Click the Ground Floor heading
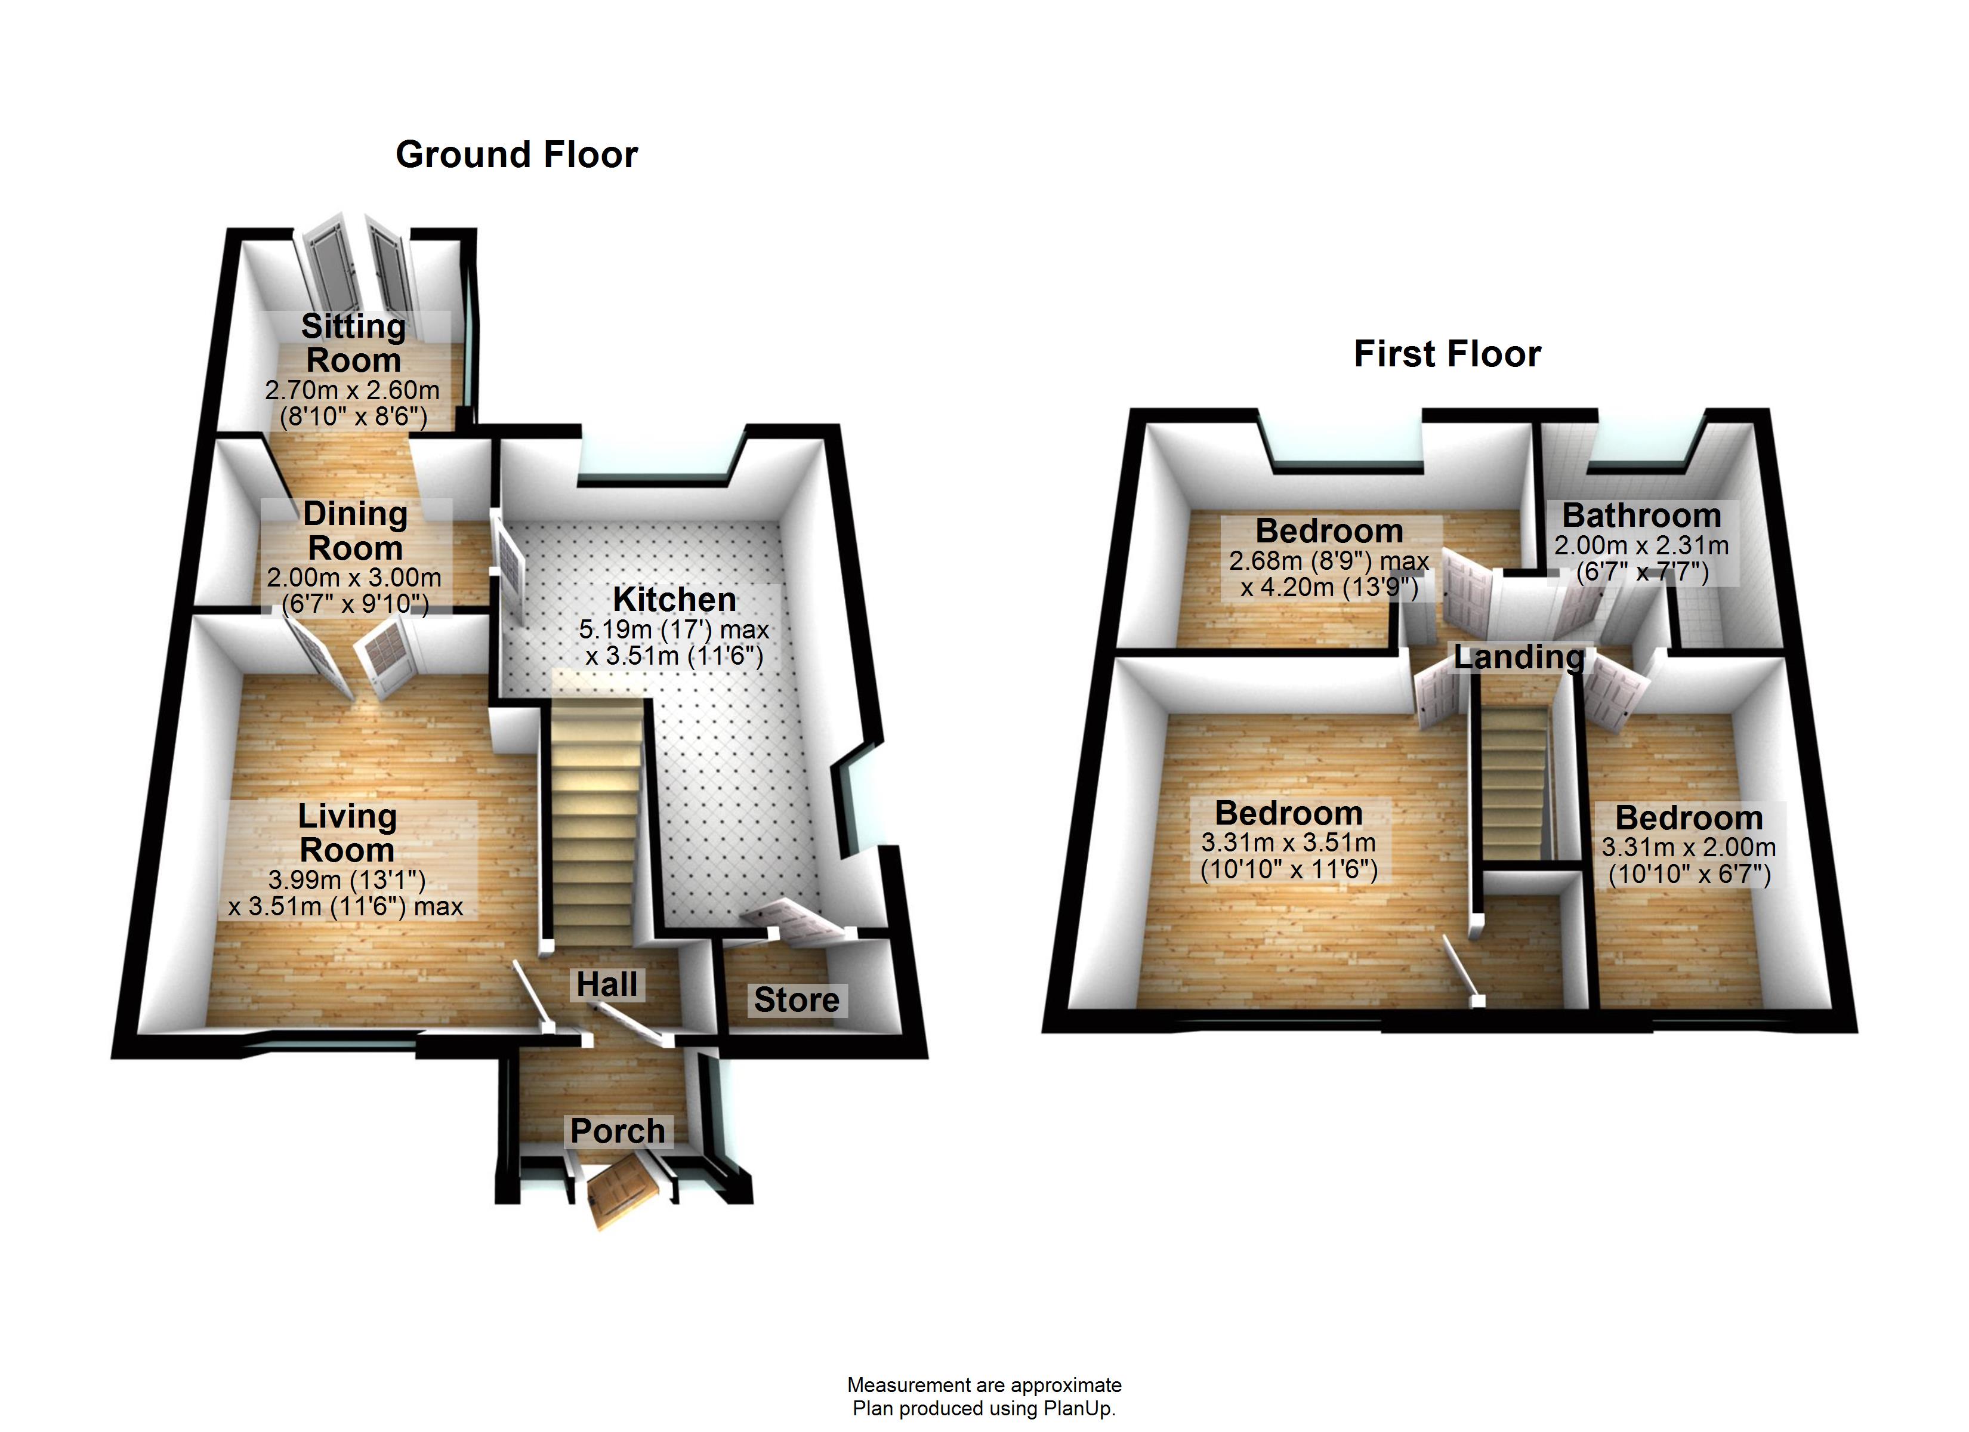pos(517,155)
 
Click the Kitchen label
pos(675,599)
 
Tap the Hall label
pos(607,984)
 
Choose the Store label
pos(796,999)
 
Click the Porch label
pos(618,1131)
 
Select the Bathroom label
pos(1641,515)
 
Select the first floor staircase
pos(1515,782)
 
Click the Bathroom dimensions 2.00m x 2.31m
pos(1641,545)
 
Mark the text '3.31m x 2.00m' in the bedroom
pos(1689,847)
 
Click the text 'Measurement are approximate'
pos(984,1385)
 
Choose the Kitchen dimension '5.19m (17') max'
pos(675,629)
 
